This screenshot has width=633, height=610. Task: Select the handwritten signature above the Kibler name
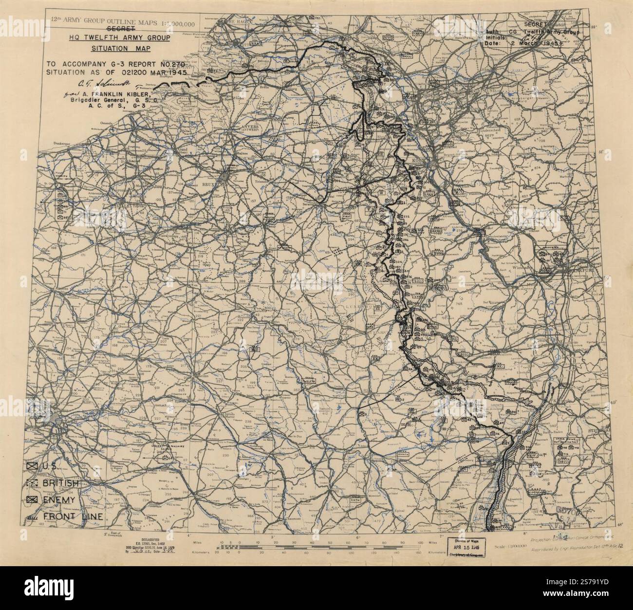97,83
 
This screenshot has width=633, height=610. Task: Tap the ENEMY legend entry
58,500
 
